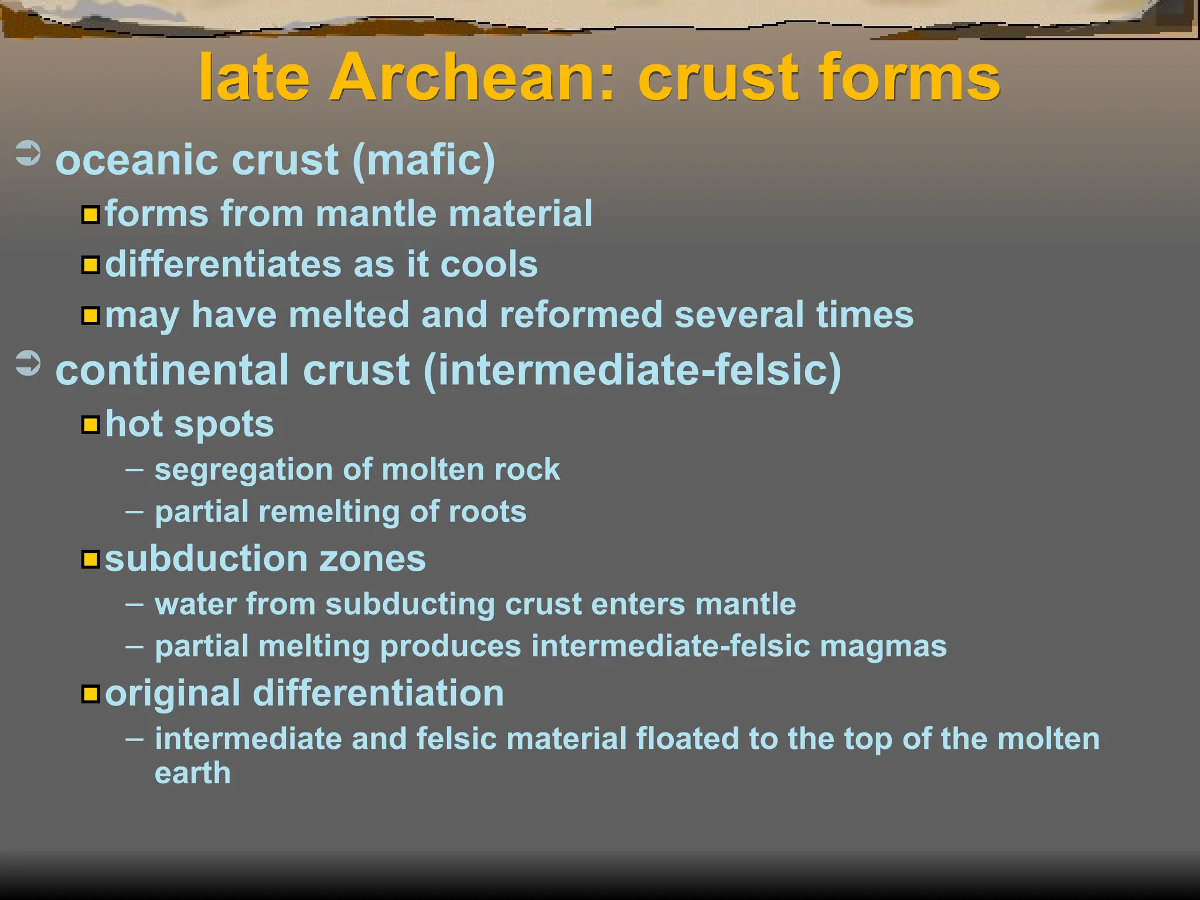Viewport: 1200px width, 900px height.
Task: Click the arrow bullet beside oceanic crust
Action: coord(28,154)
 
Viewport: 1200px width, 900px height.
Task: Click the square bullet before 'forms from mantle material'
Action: coord(90,214)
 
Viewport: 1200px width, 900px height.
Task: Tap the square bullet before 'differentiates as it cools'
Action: coord(90,265)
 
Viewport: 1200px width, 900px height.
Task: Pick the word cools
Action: coord(489,264)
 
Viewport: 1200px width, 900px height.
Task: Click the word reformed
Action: coord(581,315)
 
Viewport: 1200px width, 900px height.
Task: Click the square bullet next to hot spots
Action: coord(90,424)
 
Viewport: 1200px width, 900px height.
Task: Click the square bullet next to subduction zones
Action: coord(90,560)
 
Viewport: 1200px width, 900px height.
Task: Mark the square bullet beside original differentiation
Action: coord(90,694)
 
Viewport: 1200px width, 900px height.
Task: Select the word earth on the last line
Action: coord(193,773)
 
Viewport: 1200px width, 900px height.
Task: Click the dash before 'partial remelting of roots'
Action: coord(134,511)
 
